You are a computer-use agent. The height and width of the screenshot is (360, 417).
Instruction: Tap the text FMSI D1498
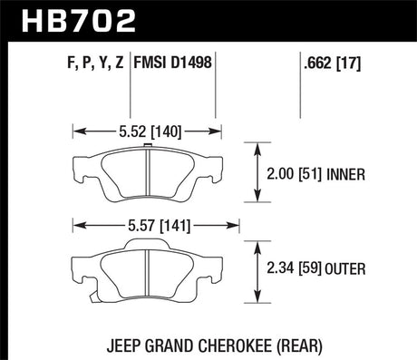point(174,64)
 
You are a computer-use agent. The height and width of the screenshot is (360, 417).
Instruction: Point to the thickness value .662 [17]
point(329,64)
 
